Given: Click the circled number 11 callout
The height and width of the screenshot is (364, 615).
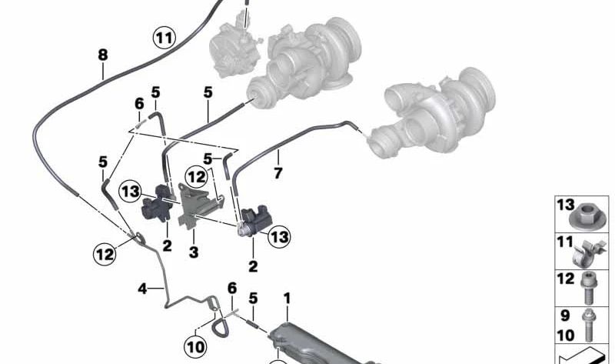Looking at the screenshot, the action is click(x=165, y=38).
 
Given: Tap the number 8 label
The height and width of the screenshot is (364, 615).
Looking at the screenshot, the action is click(x=103, y=55).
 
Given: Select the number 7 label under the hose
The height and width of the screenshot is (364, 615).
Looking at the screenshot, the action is click(x=278, y=172).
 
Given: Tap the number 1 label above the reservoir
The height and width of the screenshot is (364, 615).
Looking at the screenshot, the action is click(x=287, y=299).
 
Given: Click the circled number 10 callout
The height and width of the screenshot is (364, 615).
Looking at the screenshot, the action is click(x=196, y=347).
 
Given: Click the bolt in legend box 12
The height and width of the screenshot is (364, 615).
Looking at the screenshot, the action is click(x=587, y=289).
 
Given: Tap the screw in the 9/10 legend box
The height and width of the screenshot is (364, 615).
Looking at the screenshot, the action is click(x=588, y=325).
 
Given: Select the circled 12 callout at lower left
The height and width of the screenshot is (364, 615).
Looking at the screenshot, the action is click(x=105, y=254).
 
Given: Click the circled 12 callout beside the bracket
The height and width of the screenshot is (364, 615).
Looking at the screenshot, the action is click(x=196, y=178).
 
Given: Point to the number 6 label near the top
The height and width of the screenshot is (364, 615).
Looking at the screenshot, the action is click(x=139, y=104).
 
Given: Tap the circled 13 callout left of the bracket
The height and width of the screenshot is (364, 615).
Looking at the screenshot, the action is click(x=130, y=192).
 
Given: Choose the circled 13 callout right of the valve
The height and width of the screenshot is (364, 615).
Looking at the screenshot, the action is click(x=279, y=237).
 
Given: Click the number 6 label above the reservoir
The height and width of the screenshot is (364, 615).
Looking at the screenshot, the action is click(x=232, y=289).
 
